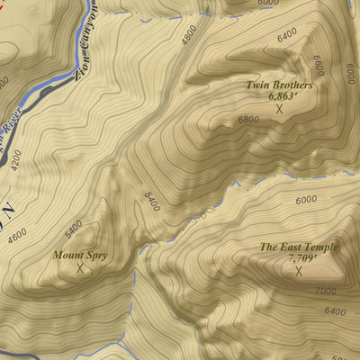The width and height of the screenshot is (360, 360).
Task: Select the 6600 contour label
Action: [318, 66]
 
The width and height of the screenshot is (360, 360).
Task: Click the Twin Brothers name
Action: [279, 85]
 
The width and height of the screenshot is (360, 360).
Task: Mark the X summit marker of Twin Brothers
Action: [279, 109]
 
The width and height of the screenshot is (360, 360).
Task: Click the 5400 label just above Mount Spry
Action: [74, 225]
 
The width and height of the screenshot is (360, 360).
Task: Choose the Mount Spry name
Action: [79, 256]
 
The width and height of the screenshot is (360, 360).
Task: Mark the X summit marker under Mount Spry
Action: [79, 268]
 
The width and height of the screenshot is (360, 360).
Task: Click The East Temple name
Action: [299, 247]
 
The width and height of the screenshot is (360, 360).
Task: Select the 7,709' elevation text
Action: [299, 257]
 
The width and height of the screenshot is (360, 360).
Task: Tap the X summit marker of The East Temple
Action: [299, 270]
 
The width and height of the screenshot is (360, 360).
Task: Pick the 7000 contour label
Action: [326, 292]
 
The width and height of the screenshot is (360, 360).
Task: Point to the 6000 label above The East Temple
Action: [307, 200]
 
